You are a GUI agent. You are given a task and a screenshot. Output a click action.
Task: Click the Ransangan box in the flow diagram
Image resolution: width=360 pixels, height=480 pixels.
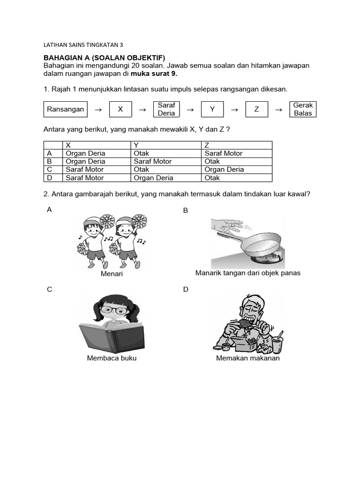pos(66,109)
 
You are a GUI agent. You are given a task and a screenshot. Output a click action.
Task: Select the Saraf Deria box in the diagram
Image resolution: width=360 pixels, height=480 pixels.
pos(166,109)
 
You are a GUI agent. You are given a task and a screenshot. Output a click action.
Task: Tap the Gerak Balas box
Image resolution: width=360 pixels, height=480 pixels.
pos(302,109)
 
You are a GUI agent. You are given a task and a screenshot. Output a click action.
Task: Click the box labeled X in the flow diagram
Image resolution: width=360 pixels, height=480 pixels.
pos(120,109)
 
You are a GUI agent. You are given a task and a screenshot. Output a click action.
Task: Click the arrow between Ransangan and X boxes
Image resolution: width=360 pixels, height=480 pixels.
pos(98,110)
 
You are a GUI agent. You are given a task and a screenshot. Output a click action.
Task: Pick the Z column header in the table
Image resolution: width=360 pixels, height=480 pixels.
pos(207,145)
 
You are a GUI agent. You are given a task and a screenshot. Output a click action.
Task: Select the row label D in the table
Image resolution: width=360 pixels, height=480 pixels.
pos(49,178)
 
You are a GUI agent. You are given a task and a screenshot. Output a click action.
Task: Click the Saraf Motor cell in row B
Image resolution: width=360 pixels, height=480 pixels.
pos(153,161)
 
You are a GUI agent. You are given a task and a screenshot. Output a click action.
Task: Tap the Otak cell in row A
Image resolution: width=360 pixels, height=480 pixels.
pos(142,153)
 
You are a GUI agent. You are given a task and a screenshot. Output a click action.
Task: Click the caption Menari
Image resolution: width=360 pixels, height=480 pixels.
pos(112,274)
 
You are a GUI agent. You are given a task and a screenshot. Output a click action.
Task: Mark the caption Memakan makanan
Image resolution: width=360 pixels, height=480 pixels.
pos(247,358)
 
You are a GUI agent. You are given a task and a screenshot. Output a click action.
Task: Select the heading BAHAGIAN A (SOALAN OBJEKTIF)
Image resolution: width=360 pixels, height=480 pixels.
pos(105,58)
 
